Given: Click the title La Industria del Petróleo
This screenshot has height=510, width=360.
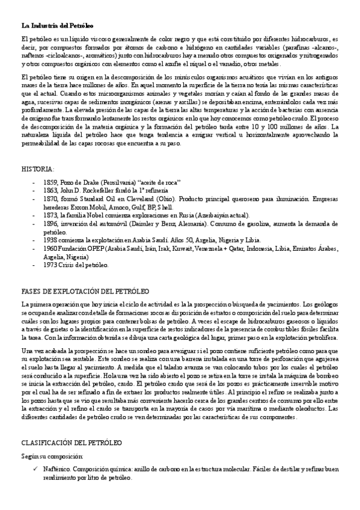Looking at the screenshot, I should click(x=57, y=26).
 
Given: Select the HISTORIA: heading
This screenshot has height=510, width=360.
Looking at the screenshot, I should click(x=37, y=169).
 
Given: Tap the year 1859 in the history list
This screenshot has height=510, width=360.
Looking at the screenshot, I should click(x=50, y=182).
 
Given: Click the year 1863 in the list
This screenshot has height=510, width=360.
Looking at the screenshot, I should click(x=50, y=189).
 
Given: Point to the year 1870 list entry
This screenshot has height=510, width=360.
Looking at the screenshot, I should click(x=50, y=198).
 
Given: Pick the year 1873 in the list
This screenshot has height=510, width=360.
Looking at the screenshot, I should click(x=50, y=215).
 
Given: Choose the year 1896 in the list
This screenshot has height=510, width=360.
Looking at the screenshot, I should click(x=50, y=223).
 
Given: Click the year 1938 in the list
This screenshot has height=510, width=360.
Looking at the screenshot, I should click(x=50, y=239).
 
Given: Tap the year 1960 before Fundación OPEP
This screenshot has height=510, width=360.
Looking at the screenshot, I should click(x=50, y=248).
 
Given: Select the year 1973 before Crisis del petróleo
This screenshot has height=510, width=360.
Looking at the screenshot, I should click(x=50, y=265).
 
